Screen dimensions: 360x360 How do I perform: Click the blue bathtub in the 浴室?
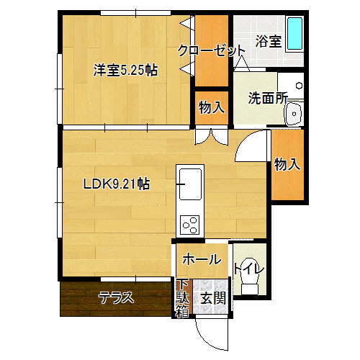coord(294,34)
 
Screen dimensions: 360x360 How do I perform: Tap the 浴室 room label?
coord(268,41)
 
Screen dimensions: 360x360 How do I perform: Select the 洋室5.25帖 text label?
coord(125,70)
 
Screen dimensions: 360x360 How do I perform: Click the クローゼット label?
coord(211,50)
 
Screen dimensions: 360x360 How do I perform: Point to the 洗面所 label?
coord(268,98)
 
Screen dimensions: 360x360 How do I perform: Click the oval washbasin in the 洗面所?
coord(294,114)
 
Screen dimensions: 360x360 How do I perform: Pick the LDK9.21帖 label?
coord(117,184)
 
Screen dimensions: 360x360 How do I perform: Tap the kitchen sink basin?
coord(190,184)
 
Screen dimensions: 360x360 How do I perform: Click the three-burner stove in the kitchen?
coord(190,225)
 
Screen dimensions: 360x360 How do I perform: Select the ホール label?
coord(202,259)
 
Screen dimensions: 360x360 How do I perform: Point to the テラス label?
coord(116,297)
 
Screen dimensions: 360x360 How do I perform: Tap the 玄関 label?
coord(213,298)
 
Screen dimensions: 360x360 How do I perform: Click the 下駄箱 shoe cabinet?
coord(184,298)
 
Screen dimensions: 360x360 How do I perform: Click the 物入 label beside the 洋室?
coord(212,107)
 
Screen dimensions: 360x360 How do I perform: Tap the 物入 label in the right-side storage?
coord(287,164)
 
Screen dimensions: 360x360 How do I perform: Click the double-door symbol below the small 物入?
coord(211,137)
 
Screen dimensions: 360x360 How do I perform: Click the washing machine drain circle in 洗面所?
coord(299,86)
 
